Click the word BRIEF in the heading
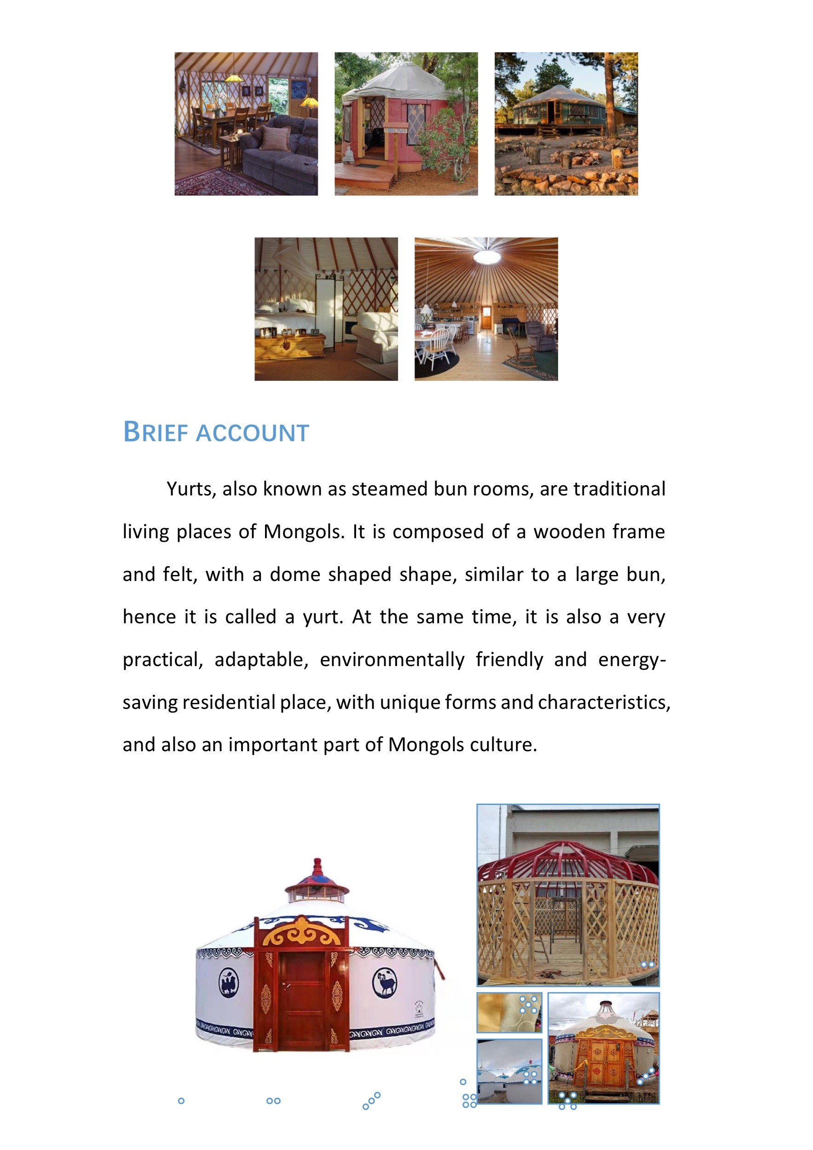(156, 432)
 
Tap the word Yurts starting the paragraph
(190, 489)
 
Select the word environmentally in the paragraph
(392, 660)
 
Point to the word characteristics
(604, 702)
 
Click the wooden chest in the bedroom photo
(289, 345)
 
